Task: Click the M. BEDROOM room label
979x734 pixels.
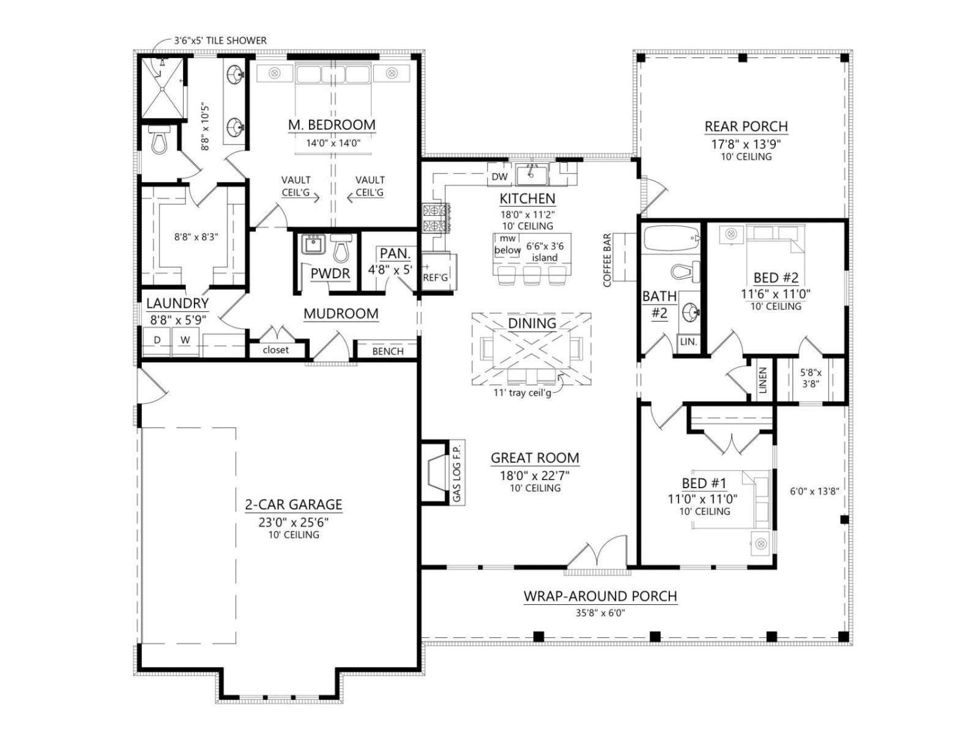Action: pos(332,125)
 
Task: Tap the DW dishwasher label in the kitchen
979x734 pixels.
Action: pos(499,177)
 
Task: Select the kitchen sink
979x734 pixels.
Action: pos(532,174)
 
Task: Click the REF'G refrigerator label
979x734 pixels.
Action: pos(435,278)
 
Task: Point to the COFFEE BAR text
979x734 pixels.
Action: pos(607,261)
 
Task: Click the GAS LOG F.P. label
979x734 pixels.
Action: pos(456,472)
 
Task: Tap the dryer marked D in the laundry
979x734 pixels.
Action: pos(157,341)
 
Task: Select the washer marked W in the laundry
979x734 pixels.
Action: pos(185,341)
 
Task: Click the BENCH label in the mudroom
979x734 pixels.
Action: pos(387,351)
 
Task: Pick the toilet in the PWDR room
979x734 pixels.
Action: pos(341,248)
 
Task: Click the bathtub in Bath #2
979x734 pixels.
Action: pos(670,239)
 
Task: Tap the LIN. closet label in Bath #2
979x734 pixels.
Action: pos(688,342)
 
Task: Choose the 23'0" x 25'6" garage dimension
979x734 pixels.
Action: pos(294,522)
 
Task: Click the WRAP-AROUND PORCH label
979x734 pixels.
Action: pos(600,596)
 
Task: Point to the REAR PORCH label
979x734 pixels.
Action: pos(746,127)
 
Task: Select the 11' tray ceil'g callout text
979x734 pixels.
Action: pos(522,393)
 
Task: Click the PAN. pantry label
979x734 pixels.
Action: pos(395,254)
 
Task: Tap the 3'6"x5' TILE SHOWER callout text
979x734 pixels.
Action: pos(220,40)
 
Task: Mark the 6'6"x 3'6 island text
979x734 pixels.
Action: pos(545,252)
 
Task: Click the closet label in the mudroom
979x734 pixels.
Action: pos(275,350)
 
